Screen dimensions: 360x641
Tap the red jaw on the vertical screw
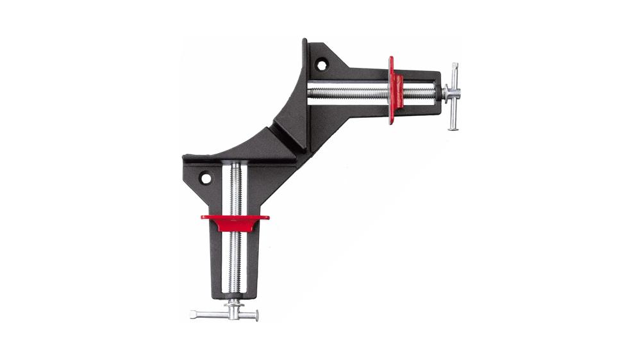235,221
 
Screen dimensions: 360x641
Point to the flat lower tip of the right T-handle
454,126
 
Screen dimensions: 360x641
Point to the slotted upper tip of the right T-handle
455,67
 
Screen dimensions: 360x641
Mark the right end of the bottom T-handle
254,315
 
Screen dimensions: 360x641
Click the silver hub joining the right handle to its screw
446,93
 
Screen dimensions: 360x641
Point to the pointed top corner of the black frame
306,42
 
